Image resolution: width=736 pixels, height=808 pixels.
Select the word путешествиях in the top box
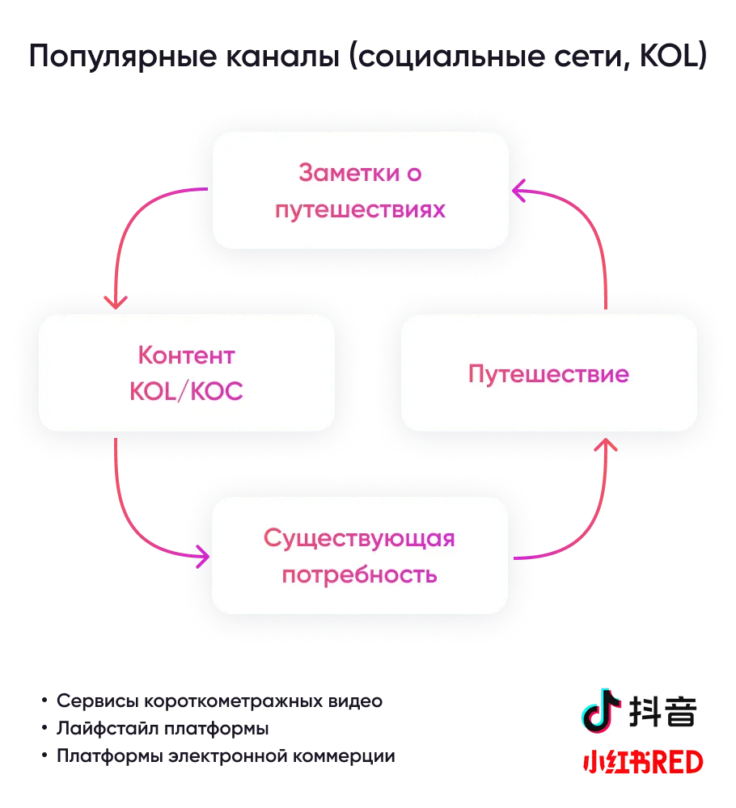coord(360,210)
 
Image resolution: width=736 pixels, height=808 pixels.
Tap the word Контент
coord(186,356)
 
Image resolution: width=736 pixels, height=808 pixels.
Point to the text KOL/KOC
coord(186,392)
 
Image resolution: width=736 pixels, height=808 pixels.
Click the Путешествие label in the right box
coord(548,375)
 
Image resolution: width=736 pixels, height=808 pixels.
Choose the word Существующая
coord(359,538)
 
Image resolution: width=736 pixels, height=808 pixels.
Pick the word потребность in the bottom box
coord(359,575)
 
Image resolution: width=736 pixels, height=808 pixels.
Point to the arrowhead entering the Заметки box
coord(519,191)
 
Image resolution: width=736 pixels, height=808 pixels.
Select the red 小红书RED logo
coord(642,762)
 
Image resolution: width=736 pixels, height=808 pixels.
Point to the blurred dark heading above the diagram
coord(368,58)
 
